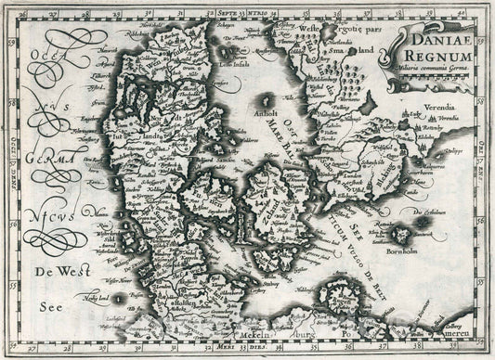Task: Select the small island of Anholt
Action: (x=267, y=99)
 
